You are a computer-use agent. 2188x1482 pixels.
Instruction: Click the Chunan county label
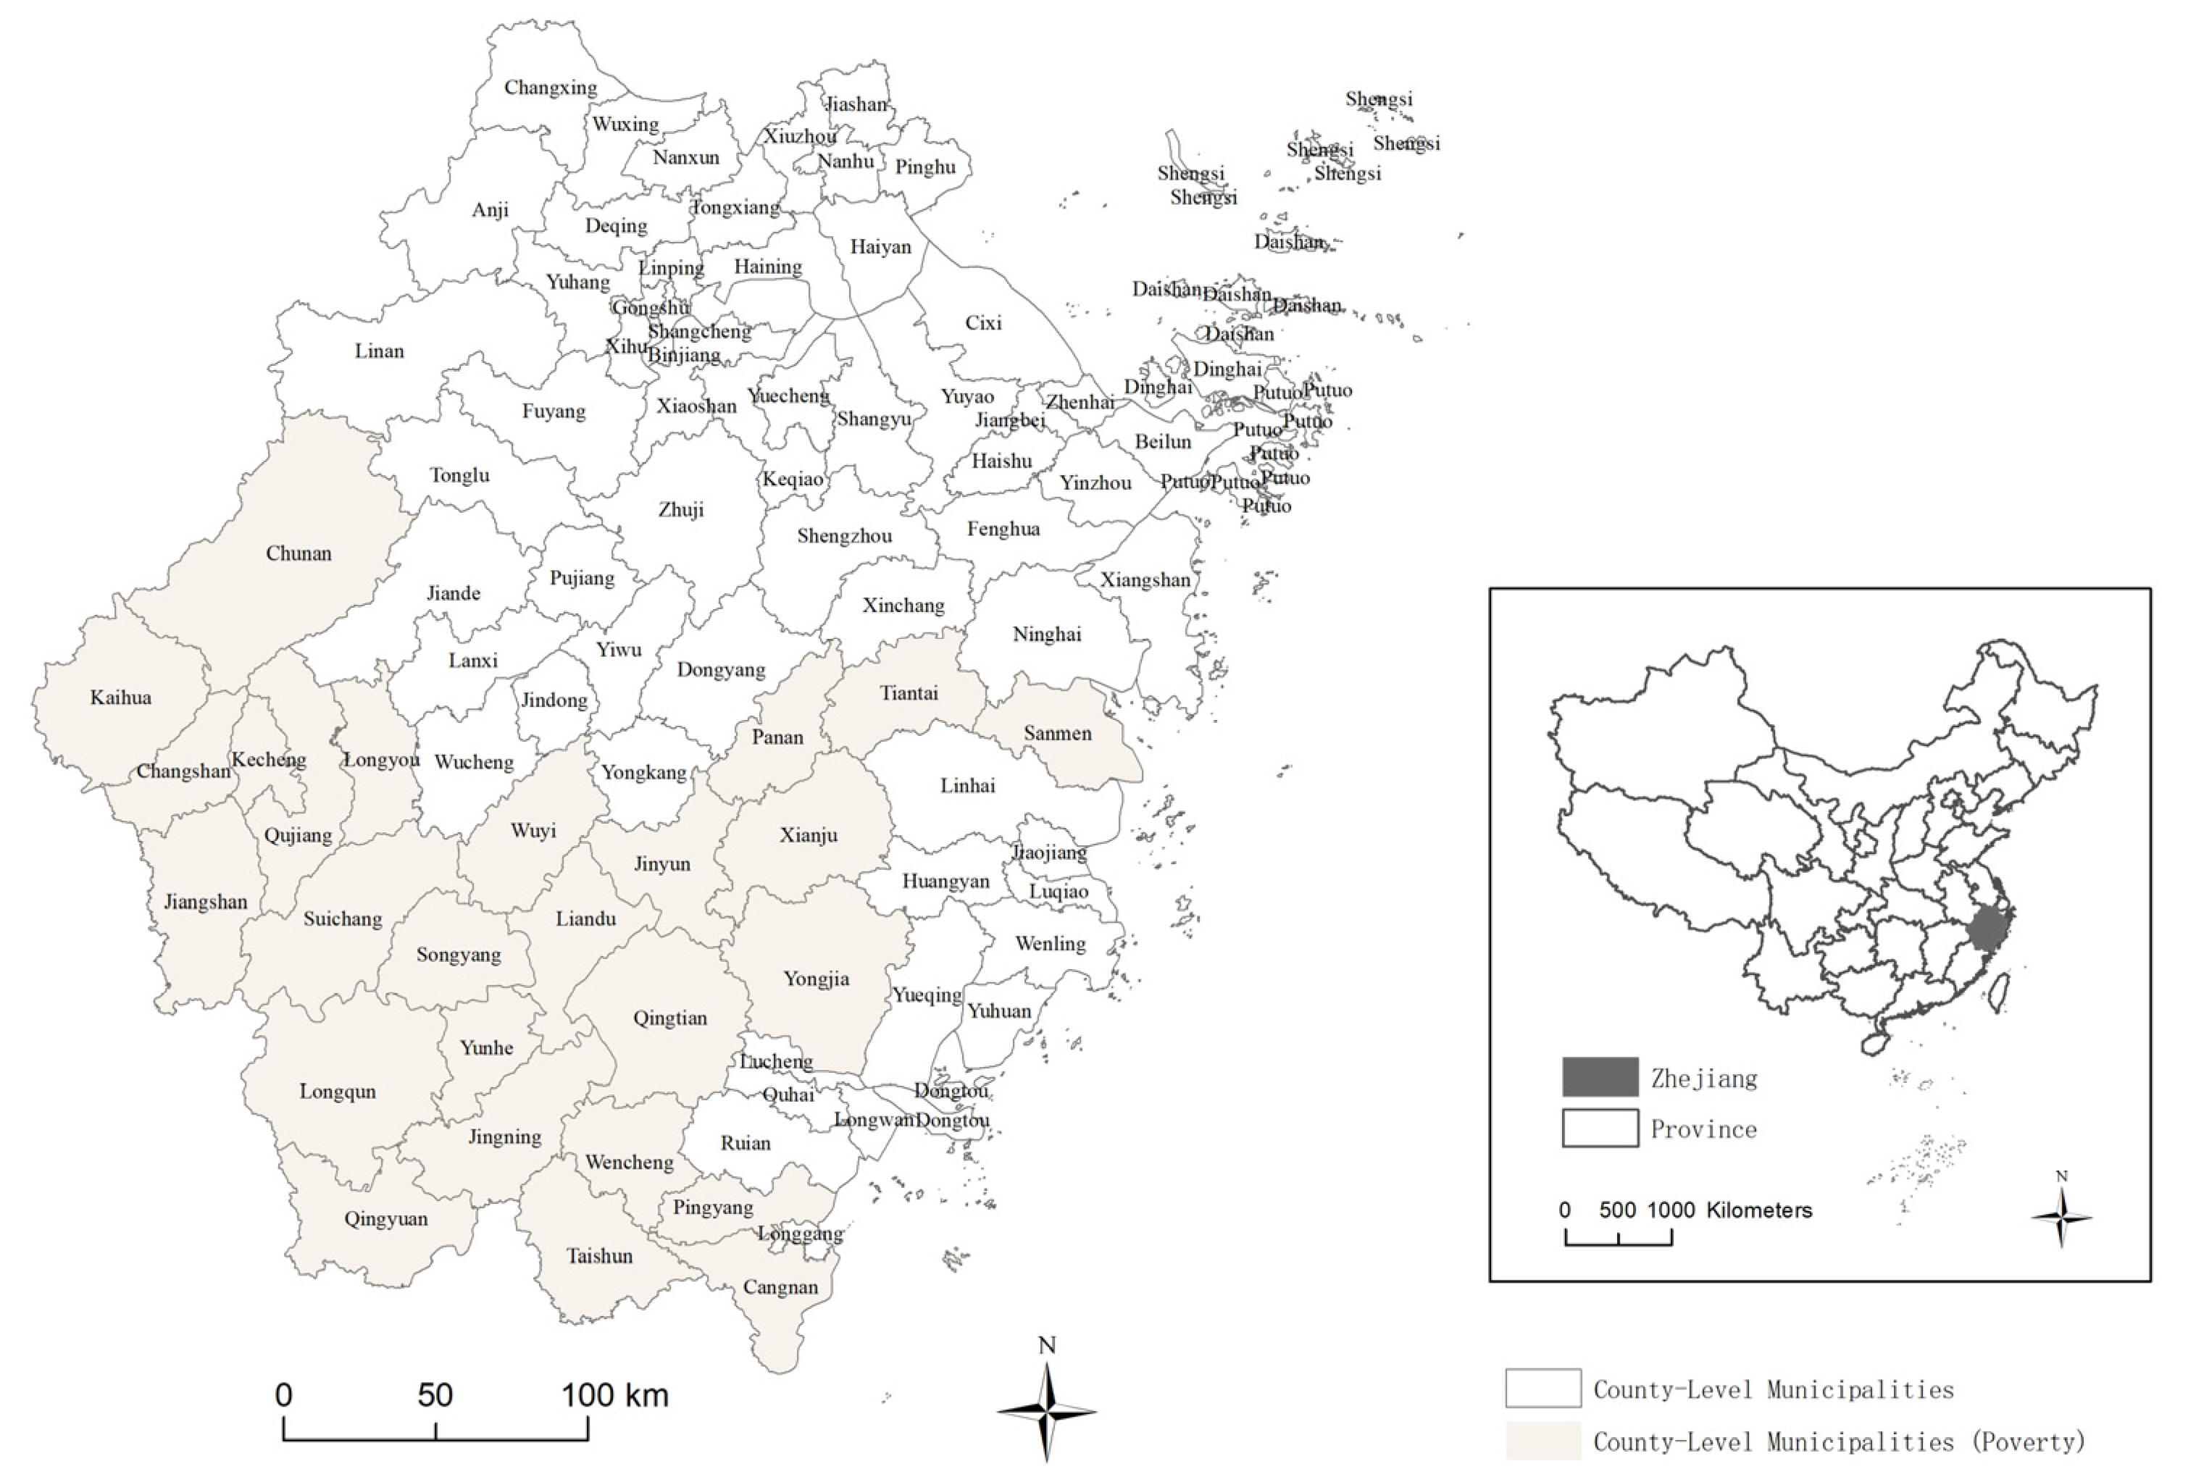(x=298, y=553)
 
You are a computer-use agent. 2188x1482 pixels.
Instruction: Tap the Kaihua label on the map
(x=120, y=698)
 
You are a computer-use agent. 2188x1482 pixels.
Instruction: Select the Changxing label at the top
(x=551, y=88)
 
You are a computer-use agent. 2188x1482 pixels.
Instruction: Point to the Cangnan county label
(x=780, y=1287)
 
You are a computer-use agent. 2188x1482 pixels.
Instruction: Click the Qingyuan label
(x=386, y=1219)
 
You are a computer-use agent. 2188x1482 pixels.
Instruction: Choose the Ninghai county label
(x=1047, y=635)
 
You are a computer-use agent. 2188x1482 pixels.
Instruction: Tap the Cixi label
(x=983, y=323)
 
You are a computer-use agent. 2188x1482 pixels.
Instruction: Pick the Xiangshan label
(x=1145, y=580)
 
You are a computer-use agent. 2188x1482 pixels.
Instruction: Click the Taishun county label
(x=600, y=1256)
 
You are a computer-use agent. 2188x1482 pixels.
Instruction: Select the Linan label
(x=380, y=351)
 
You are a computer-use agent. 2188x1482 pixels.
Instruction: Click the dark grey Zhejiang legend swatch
(x=1600, y=1077)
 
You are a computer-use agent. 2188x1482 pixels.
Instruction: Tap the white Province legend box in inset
(x=1600, y=1128)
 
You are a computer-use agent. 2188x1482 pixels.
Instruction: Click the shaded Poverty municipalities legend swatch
(x=1542, y=1441)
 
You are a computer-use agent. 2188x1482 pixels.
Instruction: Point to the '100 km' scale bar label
(x=616, y=1394)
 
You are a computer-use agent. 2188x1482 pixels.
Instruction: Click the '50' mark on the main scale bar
(x=435, y=1394)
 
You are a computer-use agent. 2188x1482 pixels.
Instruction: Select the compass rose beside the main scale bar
(x=1047, y=1410)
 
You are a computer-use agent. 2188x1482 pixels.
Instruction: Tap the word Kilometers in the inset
(x=1758, y=1210)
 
